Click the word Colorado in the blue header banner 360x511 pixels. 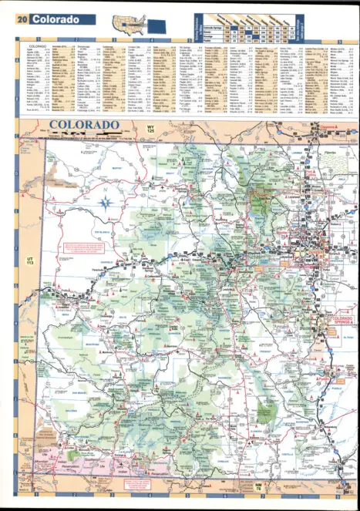tap(56, 18)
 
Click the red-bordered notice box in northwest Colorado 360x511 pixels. tap(86, 248)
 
